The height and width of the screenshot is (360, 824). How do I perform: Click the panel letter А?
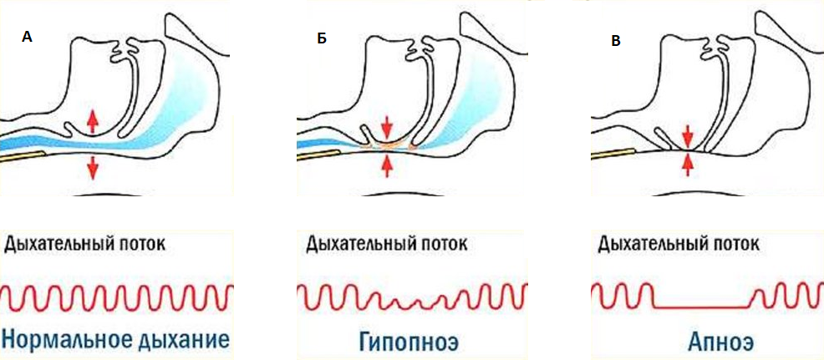[28, 38]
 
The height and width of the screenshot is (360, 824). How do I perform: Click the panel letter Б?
[321, 40]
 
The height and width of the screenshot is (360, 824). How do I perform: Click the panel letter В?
[616, 40]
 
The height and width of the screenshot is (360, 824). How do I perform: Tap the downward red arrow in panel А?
[93, 167]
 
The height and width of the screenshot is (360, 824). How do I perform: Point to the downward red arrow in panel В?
[687, 134]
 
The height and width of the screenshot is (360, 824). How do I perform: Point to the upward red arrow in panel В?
[687, 164]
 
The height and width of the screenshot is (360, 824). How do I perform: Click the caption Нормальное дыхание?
[115, 340]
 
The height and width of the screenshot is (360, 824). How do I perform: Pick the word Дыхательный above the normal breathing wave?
[58, 244]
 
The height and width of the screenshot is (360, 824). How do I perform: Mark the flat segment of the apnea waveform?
[701, 308]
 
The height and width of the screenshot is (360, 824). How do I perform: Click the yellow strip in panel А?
[20, 155]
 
